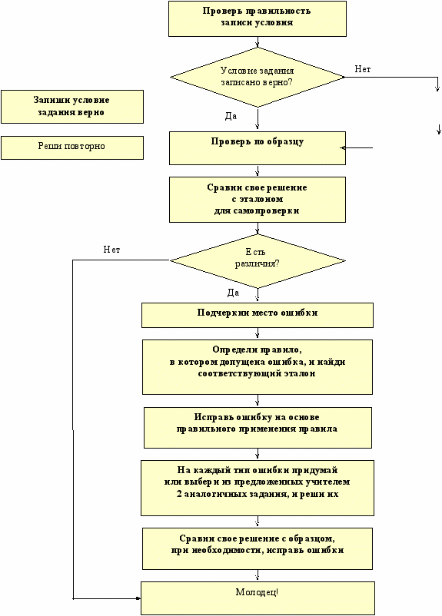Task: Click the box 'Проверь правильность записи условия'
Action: point(258,18)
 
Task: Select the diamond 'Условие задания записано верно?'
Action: point(258,77)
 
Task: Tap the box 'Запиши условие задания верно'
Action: point(72,107)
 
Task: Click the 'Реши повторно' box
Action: point(72,147)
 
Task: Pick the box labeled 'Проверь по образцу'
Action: point(258,148)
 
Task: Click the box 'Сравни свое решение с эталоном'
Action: point(258,200)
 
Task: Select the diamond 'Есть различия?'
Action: point(258,261)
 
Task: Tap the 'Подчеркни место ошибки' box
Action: point(258,315)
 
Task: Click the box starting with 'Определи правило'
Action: point(258,367)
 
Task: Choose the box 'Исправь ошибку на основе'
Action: point(258,427)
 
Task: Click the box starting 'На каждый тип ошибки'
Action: point(258,488)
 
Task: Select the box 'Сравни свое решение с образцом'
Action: point(258,548)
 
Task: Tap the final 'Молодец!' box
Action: point(258,598)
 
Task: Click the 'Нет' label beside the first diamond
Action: point(363,69)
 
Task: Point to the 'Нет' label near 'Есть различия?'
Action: point(111,250)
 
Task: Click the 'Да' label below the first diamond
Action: point(231,116)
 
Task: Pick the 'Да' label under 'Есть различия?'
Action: point(233,293)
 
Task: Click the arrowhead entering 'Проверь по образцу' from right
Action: point(343,148)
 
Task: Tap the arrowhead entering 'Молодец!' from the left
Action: point(138,598)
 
